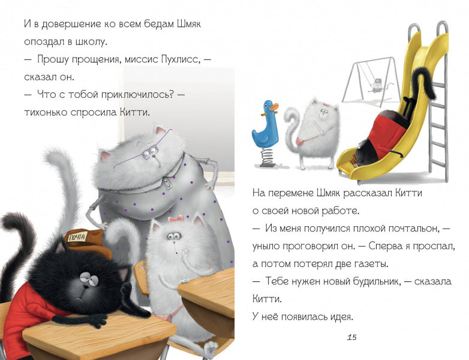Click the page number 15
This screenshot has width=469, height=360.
(x=352, y=338)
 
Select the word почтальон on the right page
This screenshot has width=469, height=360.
(x=413, y=229)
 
